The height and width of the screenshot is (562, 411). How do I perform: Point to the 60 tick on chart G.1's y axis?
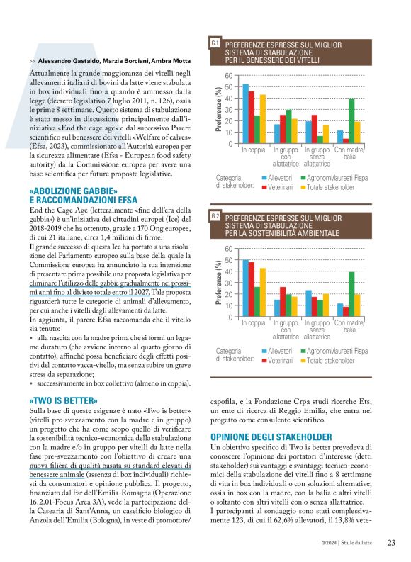(227, 76)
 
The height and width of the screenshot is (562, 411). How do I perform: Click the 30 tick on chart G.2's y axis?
(227, 283)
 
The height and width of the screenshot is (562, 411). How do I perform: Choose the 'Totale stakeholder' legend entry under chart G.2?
(330, 360)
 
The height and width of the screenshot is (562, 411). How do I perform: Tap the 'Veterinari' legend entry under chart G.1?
(280, 187)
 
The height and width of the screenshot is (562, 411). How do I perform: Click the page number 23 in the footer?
(390, 543)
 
